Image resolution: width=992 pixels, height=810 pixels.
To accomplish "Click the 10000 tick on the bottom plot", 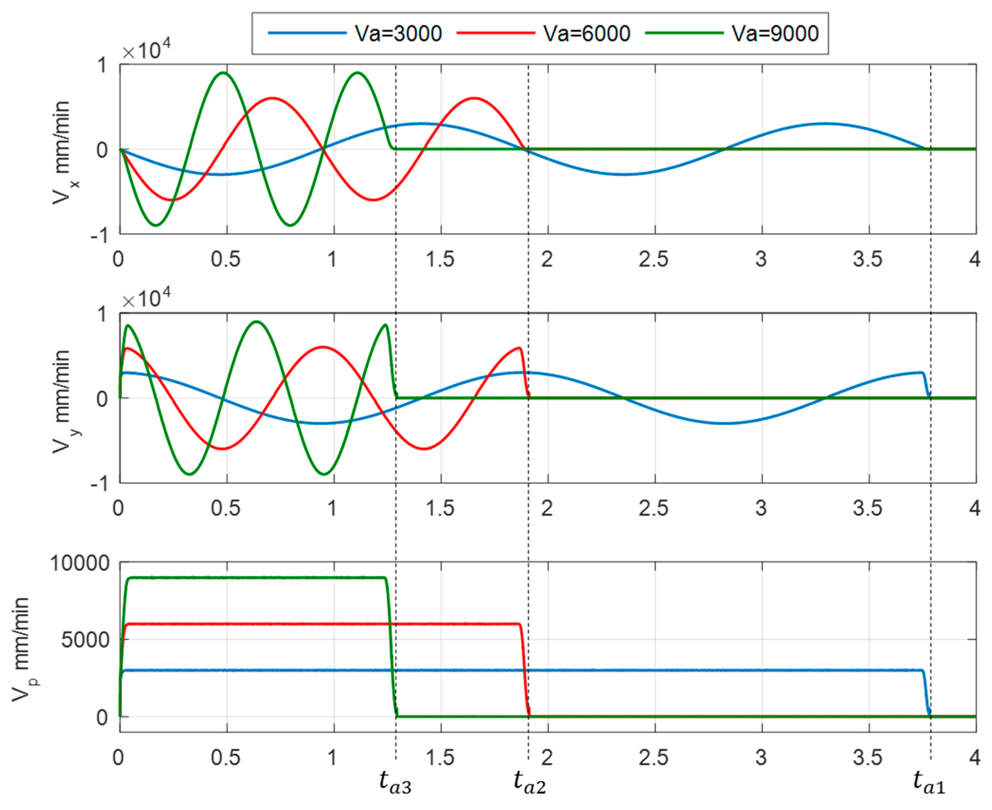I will pos(80,564).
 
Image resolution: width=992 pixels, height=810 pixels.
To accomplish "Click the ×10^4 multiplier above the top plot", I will pos(146,49).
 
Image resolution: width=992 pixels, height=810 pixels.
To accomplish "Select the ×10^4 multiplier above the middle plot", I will pos(146,299).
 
